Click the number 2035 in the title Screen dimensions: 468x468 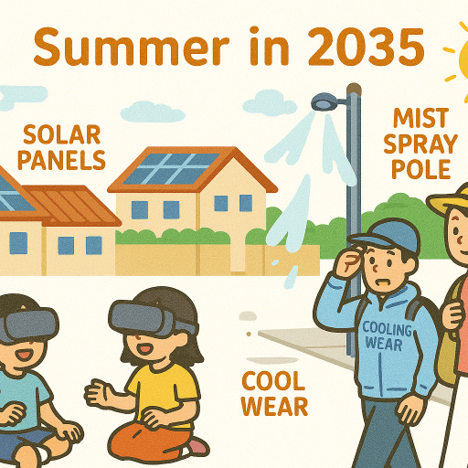[367, 47]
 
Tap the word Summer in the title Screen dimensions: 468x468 [132, 47]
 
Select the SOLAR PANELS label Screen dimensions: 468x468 [62, 147]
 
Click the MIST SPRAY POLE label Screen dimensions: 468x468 [420, 144]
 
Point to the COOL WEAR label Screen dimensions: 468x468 [274, 394]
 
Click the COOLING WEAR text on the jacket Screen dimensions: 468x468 [387, 336]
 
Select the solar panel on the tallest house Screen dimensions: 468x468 [171, 168]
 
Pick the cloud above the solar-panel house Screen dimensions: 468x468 [153, 112]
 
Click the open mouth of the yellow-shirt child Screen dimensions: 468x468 [144, 349]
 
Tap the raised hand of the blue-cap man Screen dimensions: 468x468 [348, 263]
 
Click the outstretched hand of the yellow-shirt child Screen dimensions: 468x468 [98, 394]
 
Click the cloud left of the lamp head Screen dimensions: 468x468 [270, 103]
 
